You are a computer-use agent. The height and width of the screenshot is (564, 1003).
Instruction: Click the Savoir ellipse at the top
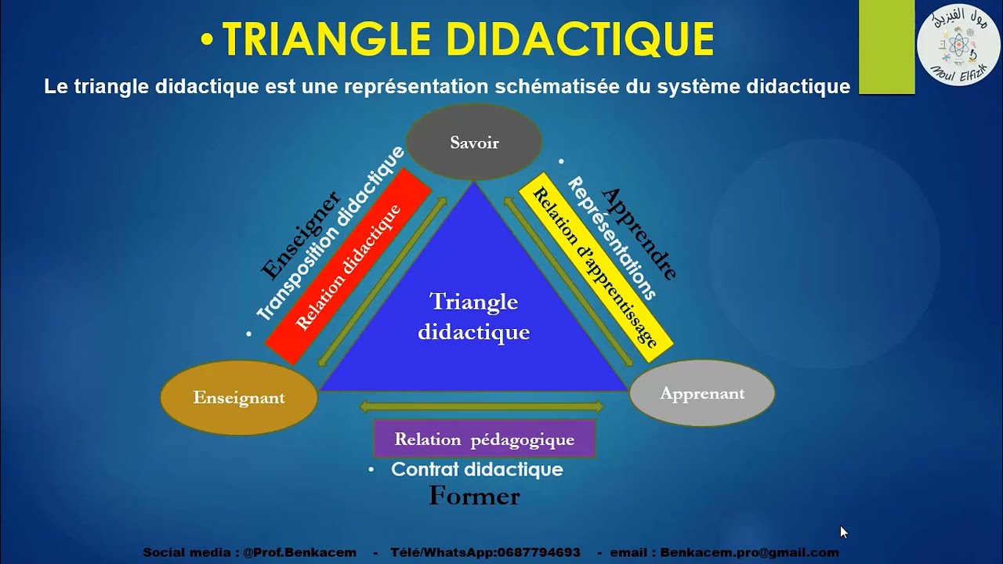pos(474,143)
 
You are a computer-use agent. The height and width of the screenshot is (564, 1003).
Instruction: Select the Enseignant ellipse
pos(239,398)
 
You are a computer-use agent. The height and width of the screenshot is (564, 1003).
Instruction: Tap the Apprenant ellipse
pos(702,393)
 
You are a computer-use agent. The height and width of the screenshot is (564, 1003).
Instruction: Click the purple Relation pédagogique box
pos(484,439)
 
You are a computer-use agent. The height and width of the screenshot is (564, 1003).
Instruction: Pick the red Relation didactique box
pos(349,266)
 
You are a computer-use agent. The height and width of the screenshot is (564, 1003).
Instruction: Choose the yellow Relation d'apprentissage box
pos(596,266)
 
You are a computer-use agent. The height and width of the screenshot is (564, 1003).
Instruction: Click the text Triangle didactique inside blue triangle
pos(474,316)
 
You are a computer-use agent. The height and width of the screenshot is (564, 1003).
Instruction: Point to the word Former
pos(474,496)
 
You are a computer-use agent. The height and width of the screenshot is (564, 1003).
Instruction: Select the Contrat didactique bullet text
pos(476,469)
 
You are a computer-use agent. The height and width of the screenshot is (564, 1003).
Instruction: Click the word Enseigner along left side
pos(299,235)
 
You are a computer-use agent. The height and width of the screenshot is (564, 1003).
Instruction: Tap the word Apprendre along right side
pos(639,233)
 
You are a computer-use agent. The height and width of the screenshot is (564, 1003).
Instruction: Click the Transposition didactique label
pos(329,233)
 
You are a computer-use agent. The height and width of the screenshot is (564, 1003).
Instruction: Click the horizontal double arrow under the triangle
pos(481,407)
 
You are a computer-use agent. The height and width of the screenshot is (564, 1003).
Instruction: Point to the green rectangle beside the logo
pos(886,47)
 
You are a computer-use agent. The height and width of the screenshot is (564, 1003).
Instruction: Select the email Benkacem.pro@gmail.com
pos(749,552)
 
